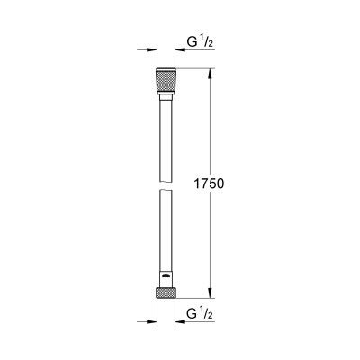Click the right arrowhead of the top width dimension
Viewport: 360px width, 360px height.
181,51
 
